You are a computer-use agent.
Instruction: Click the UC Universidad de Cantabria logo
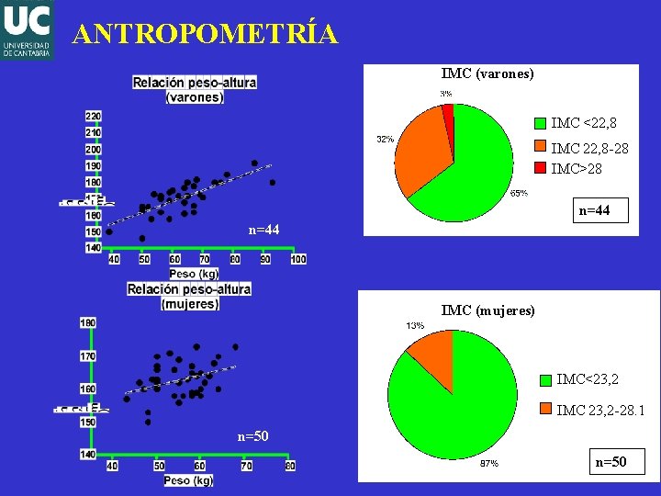pyautogui.click(x=27, y=29)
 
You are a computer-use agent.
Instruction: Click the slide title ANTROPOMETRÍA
pyautogui.click(x=206, y=34)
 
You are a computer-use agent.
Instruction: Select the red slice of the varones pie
pyautogui.click(x=448, y=111)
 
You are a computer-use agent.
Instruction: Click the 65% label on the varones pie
pyautogui.click(x=518, y=193)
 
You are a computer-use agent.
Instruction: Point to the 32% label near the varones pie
pyautogui.click(x=384, y=140)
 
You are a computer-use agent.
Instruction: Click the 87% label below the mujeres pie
pyautogui.click(x=489, y=464)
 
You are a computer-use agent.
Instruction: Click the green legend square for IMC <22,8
pyautogui.click(x=541, y=123)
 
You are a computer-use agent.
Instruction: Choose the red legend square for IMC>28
pyautogui.click(x=541, y=169)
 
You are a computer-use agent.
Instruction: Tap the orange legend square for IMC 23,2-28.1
pyautogui.click(x=547, y=410)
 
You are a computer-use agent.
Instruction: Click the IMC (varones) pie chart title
pyautogui.click(x=487, y=73)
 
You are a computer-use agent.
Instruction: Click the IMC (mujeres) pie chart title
pyautogui.click(x=487, y=310)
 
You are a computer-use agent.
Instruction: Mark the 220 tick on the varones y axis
pyautogui.click(x=93, y=116)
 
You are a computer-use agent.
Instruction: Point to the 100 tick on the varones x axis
pyautogui.click(x=297, y=260)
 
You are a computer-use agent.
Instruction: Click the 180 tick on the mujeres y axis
pyautogui.click(x=88, y=322)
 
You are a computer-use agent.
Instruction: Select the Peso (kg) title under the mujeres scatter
pyautogui.click(x=188, y=480)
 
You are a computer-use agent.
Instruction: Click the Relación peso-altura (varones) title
pyautogui.click(x=194, y=89)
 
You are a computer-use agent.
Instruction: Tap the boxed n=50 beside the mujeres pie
pyautogui.click(x=611, y=462)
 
